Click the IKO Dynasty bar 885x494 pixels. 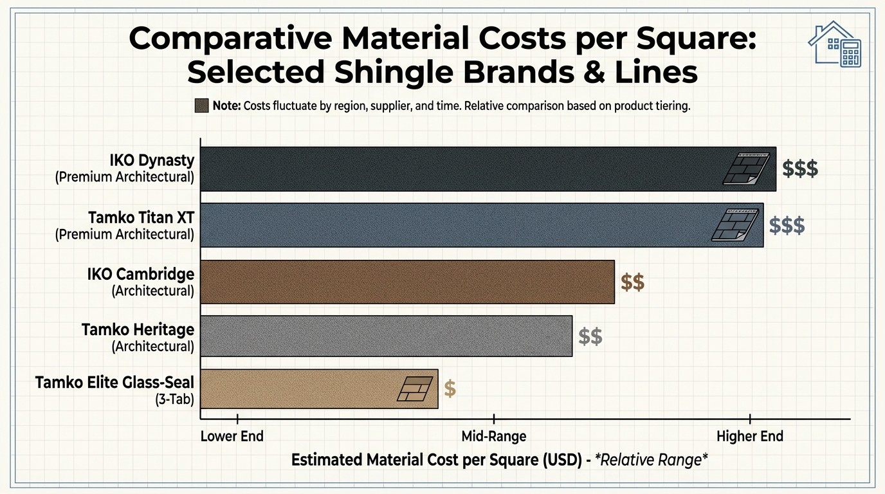click(x=450, y=169)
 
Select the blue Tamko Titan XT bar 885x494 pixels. click(x=450, y=225)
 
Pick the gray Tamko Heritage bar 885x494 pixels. click(x=386, y=336)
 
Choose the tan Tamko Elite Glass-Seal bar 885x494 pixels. click(x=296, y=389)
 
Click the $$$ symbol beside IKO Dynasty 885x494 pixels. click(x=800, y=169)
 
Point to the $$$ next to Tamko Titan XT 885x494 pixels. click(x=787, y=225)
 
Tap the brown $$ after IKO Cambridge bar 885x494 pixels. click(x=633, y=282)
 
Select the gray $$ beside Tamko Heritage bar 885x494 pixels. click(x=590, y=336)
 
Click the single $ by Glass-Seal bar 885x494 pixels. click(x=450, y=389)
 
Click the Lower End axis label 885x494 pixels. click(x=232, y=436)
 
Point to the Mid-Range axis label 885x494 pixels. click(x=494, y=436)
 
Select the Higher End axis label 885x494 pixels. click(x=750, y=436)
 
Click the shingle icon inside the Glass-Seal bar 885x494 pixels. click(x=415, y=389)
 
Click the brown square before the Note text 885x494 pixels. click(x=201, y=106)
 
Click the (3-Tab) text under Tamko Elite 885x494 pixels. click(x=174, y=399)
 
